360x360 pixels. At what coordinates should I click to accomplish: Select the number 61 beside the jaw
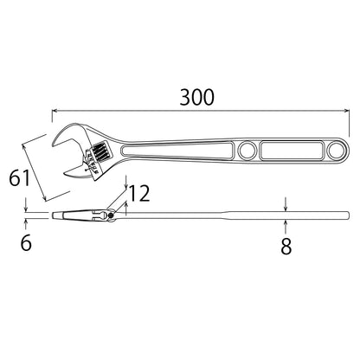[x=22, y=179]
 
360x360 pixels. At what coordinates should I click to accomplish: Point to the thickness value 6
[x=25, y=243]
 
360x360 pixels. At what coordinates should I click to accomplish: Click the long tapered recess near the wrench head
[x=173, y=151]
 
